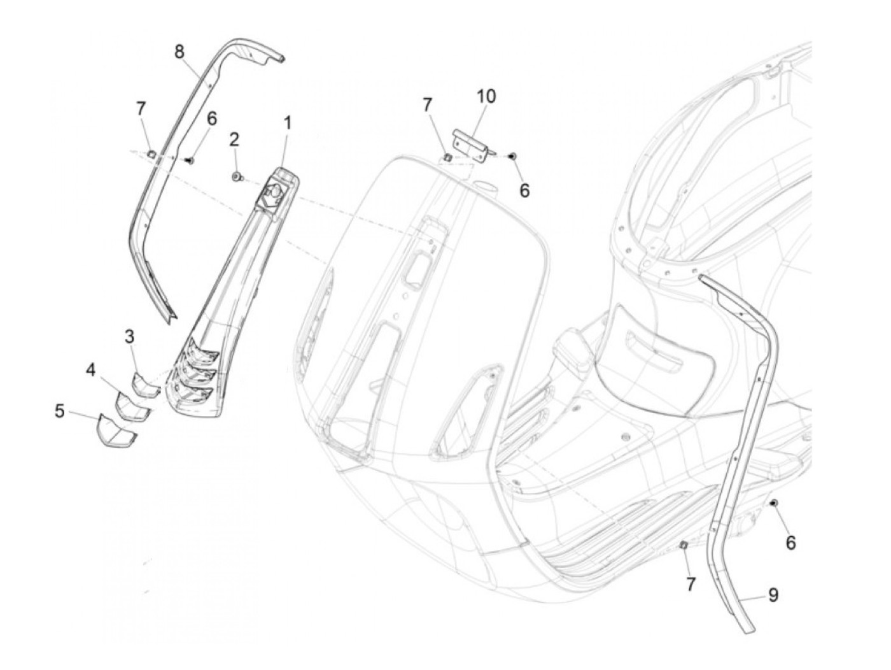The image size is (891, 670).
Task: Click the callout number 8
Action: click(179, 52)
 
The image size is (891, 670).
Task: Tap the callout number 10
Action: click(486, 96)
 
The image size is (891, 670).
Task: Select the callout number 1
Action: click(288, 123)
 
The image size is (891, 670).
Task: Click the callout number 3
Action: click(129, 336)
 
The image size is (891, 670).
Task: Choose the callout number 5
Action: click(60, 411)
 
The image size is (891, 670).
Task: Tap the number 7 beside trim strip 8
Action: click(141, 109)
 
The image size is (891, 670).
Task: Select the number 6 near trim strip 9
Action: click(790, 543)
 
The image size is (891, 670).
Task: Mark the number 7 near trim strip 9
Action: click(691, 584)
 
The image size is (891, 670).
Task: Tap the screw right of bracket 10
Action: click(513, 155)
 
